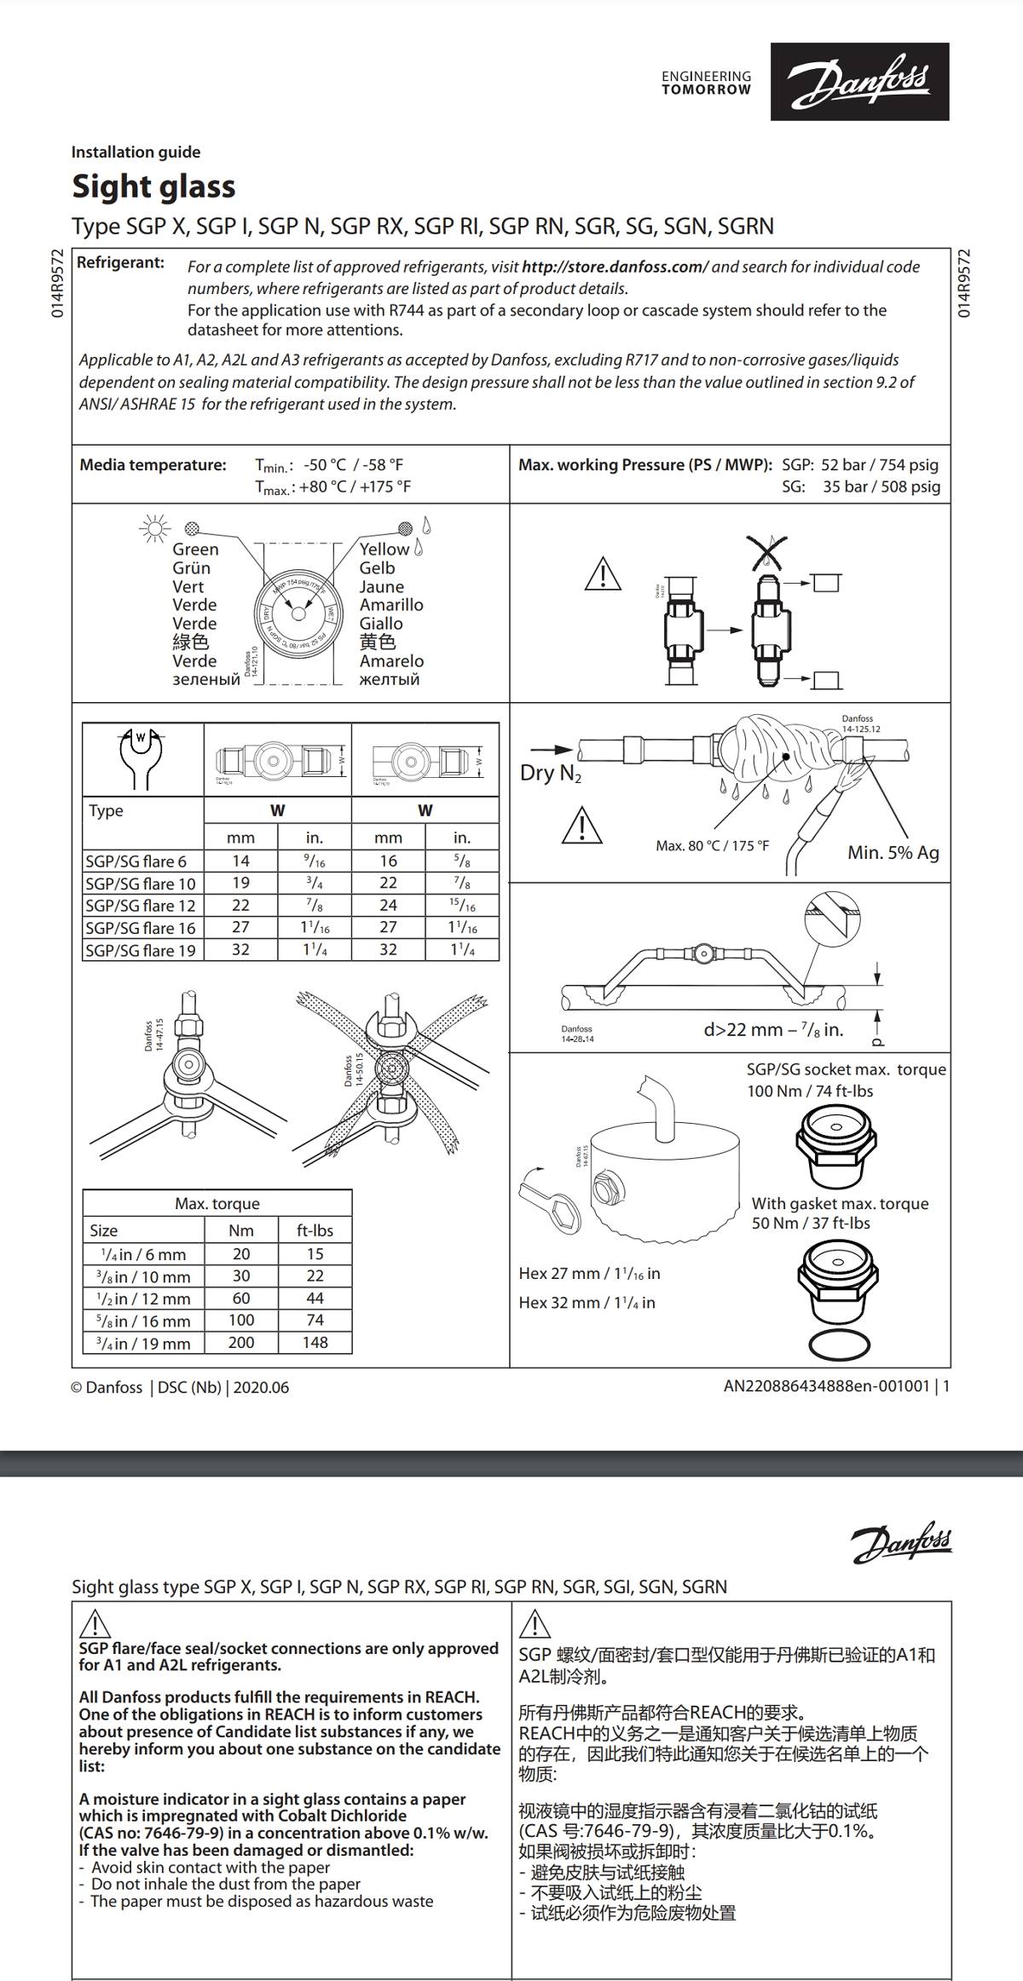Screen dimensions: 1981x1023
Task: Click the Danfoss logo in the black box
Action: point(859,81)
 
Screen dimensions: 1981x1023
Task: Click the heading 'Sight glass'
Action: point(153,187)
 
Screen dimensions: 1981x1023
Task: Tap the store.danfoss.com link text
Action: point(614,267)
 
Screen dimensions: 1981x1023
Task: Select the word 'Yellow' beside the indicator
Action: point(384,550)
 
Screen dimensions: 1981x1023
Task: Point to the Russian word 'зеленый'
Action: point(206,680)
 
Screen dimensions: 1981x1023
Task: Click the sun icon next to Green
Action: point(154,528)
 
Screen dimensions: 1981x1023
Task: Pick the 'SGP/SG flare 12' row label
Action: point(141,906)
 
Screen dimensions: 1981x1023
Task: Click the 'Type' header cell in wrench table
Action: point(107,810)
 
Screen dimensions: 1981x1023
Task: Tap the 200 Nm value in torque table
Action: point(241,1342)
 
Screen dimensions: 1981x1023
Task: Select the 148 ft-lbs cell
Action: point(315,1342)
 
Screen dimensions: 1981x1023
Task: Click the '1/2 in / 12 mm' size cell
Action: point(145,1299)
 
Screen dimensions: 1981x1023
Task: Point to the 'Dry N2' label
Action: point(550,773)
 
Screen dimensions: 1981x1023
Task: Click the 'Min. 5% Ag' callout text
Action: point(893,852)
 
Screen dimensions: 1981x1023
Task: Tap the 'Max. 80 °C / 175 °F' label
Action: point(712,845)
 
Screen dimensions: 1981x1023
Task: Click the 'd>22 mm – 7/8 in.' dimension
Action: point(772,1029)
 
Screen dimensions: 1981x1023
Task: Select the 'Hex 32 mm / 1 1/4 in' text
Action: point(587,1302)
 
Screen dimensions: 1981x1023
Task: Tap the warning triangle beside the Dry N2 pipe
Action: point(581,826)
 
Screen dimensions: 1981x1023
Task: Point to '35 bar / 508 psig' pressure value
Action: point(881,487)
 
